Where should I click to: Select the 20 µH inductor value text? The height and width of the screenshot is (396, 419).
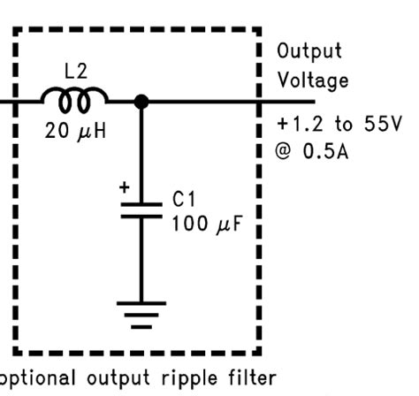click(75, 132)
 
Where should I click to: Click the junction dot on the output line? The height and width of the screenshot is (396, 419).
click(141, 102)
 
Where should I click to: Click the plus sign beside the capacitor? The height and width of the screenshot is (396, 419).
click(124, 187)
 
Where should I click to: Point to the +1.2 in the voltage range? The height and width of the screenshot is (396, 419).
click(296, 124)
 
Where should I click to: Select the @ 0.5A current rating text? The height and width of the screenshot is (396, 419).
click(312, 151)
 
